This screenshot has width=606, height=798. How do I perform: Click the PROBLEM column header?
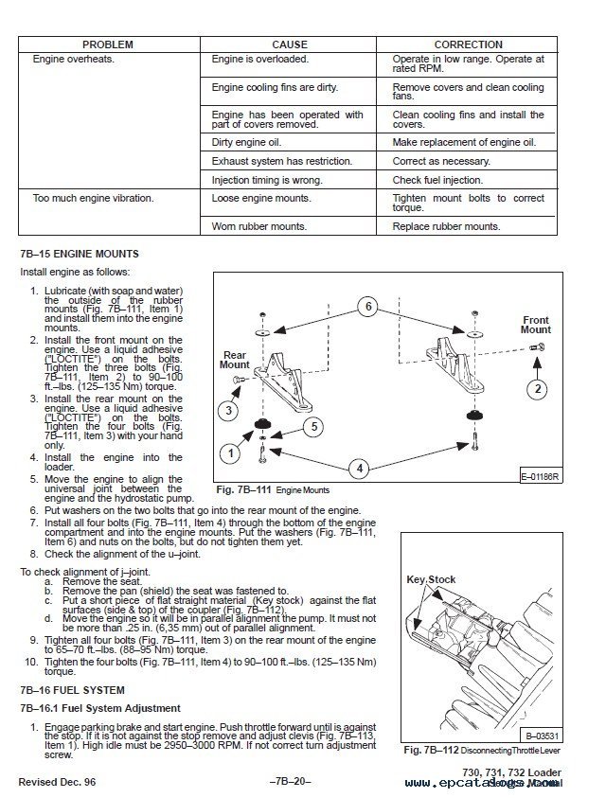(x=107, y=44)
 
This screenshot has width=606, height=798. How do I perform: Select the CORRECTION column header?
(x=468, y=44)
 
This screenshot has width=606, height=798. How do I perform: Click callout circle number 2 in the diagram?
(x=538, y=388)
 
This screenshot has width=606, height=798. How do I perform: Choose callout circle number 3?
(x=228, y=410)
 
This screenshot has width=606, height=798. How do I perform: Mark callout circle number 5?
(x=312, y=427)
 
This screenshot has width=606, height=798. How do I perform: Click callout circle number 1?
(x=228, y=453)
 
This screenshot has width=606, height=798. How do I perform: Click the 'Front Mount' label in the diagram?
(x=536, y=325)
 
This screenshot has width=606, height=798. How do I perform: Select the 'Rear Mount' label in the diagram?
(x=234, y=360)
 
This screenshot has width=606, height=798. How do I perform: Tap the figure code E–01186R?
(x=540, y=476)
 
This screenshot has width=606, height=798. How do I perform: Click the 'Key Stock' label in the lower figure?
(x=431, y=579)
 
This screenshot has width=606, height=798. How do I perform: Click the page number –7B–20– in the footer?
(x=290, y=783)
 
